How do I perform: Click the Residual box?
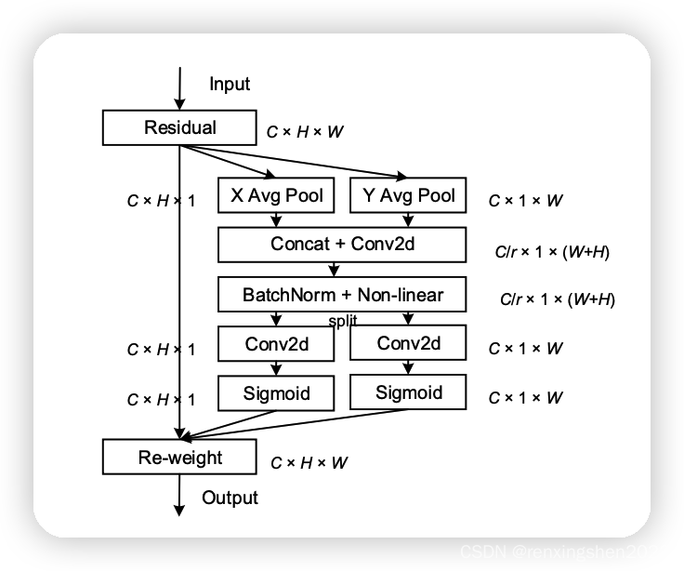pos(179,128)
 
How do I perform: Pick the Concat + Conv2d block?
pos(341,245)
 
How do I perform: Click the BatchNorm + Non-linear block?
pos(341,295)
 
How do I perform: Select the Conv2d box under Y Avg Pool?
pos(408,344)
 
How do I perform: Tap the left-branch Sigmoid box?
pos(276,392)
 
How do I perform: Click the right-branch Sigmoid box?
pos(408,392)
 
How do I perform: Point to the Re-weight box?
pos(179,458)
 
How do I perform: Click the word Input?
pos(230,85)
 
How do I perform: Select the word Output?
pos(230,498)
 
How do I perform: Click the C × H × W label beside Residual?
pos(305,132)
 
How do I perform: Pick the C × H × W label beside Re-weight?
pos(309,462)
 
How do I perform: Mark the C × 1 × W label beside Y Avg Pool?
pos(525,200)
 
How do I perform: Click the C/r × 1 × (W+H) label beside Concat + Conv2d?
pos(554,251)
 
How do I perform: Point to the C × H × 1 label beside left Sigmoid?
pos(161,399)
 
